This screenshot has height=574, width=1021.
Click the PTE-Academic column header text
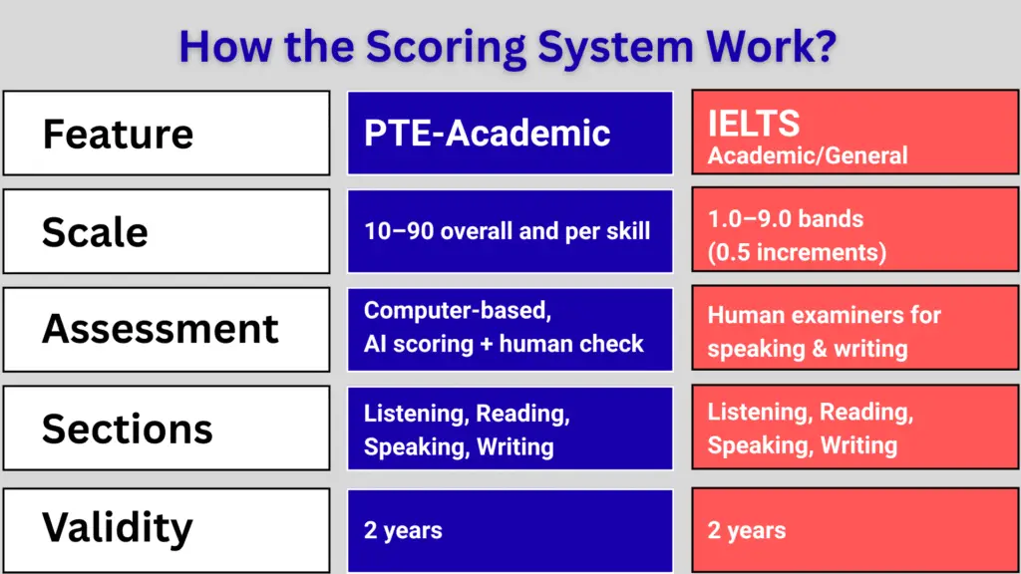click(487, 133)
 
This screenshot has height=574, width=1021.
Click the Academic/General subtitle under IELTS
click(808, 155)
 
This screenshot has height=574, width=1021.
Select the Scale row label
click(95, 232)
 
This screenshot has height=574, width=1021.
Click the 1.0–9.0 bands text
click(786, 218)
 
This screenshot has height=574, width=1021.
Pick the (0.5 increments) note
click(797, 252)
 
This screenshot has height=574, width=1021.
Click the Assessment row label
click(160, 329)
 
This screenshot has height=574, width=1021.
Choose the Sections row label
click(127, 429)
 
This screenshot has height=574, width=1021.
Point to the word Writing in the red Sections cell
click(859, 445)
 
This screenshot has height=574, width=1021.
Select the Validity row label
click(117, 527)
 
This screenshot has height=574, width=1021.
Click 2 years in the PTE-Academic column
click(403, 531)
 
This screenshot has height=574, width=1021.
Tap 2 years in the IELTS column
click(747, 531)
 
